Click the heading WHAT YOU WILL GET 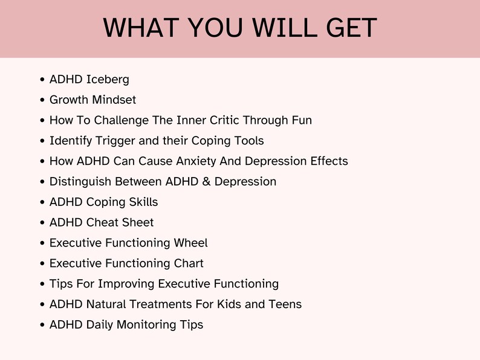click(240, 28)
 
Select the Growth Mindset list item click(92, 100)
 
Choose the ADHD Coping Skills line click(103, 202)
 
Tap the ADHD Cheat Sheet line click(102, 223)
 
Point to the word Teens click(285, 304)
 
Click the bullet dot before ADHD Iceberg click(42, 80)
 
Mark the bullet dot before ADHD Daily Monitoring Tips click(42, 325)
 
